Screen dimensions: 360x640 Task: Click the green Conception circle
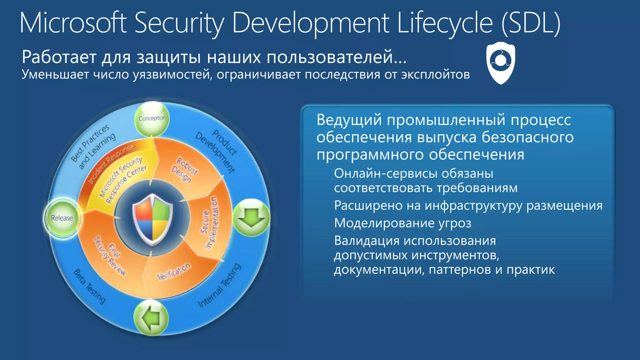[x=152, y=118]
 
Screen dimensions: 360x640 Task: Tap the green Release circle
[x=62, y=218]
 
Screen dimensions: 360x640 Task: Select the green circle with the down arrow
[x=251, y=217]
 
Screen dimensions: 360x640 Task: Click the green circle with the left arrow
[x=151, y=318]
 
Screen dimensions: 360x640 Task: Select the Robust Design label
[x=184, y=170]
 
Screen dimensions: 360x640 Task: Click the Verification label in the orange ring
[x=173, y=272]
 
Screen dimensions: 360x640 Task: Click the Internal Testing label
[x=220, y=286]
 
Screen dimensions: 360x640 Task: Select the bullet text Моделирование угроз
[x=402, y=223]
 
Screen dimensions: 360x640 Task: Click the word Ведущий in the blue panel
[x=349, y=120]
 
